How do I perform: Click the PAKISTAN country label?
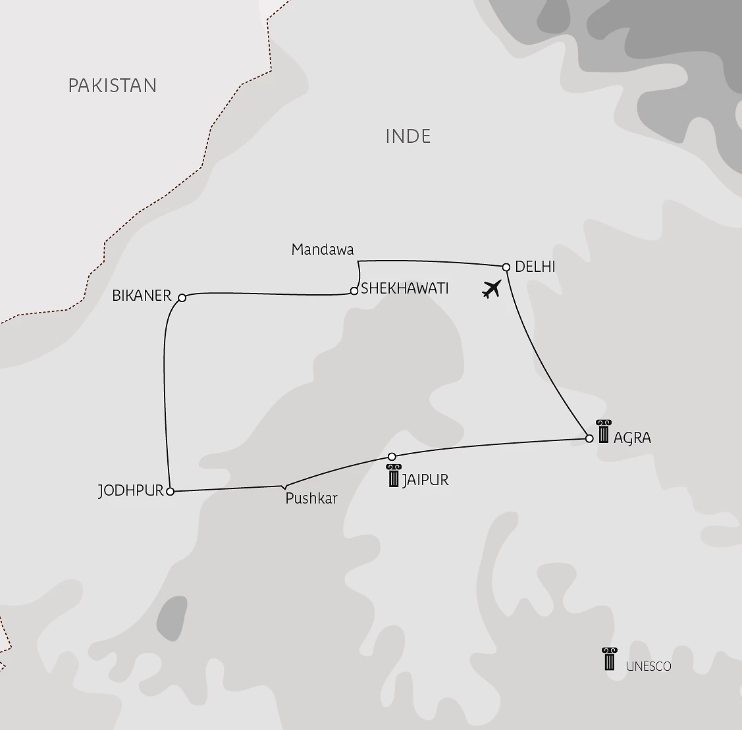pyautogui.click(x=113, y=86)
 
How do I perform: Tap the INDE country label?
pyautogui.click(x=408, y=136)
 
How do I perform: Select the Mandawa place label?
pyautogui.click(x=323, y=249)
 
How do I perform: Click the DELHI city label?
pyautogui.click(x=535, y=267)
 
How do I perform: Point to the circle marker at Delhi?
pyautogui.click(x=506, y=267)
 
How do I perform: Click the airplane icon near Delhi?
pyautogui.click(x=492, y=288)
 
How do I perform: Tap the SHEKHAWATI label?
pyautogui.click(x=405, y=288)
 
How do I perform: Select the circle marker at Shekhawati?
pyautogui.click(x=354, y=290)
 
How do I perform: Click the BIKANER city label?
pyautogui.click(x=142, y=296)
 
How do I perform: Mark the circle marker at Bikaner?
pyautogui.click(x=182, y=298)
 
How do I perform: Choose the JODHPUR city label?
pyautogui.click(x=130, y=491)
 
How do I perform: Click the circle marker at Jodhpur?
pyautogui.click(x=171, y=492)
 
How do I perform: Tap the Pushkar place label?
pyautogui.click(x=311, y=499)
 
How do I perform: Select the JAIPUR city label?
pyautogui.click(x=425, y=479)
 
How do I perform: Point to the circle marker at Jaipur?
pyautogui.click(x=392, y=456)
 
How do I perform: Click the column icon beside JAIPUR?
pyautogui.click(x=394, y=475)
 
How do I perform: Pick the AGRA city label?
pyautogui.click(x=632, y=438)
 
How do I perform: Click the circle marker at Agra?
pyautogui.click(x=589, y=438)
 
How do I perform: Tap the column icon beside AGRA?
pyautogui.click(x=603, y=430)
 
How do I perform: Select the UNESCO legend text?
pyautogui.click(x=649, y=666)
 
